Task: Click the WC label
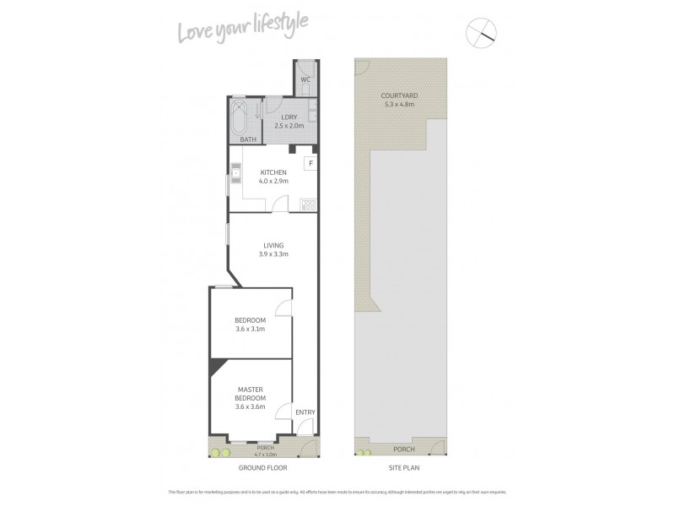[305, 80]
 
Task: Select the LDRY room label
[289, 117]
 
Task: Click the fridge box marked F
[310, 162]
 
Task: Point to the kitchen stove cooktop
[308, 204]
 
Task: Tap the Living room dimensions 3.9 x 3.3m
[273, 254]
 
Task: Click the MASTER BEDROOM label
[251, 393]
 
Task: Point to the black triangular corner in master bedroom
[217, 366]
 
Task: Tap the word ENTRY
[305, 412]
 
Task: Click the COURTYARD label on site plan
[400, 96]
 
